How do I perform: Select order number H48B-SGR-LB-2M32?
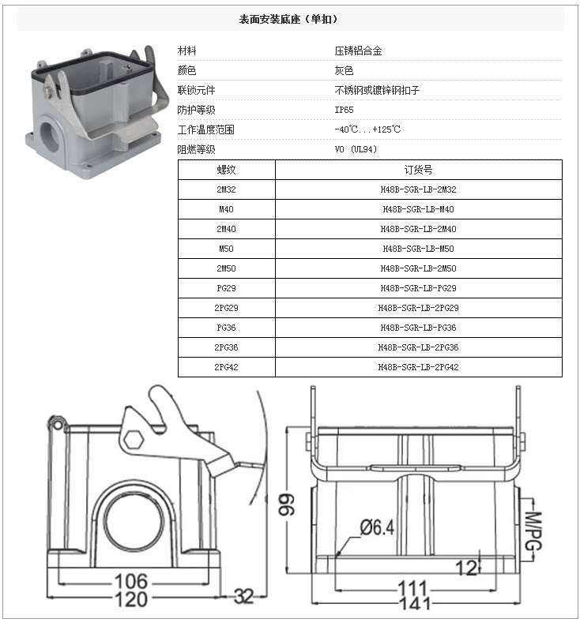point(418,189)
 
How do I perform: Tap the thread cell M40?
point(226,209)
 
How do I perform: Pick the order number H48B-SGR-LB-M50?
point(418,249)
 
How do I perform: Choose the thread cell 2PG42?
point(226,367)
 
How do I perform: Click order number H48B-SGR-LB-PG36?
point(418,328)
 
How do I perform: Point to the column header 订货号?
point(418,170)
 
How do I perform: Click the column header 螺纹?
point(226,170)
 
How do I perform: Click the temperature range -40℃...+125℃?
point(367,129)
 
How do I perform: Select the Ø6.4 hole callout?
point(377,527)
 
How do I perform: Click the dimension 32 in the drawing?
point(243,598)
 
